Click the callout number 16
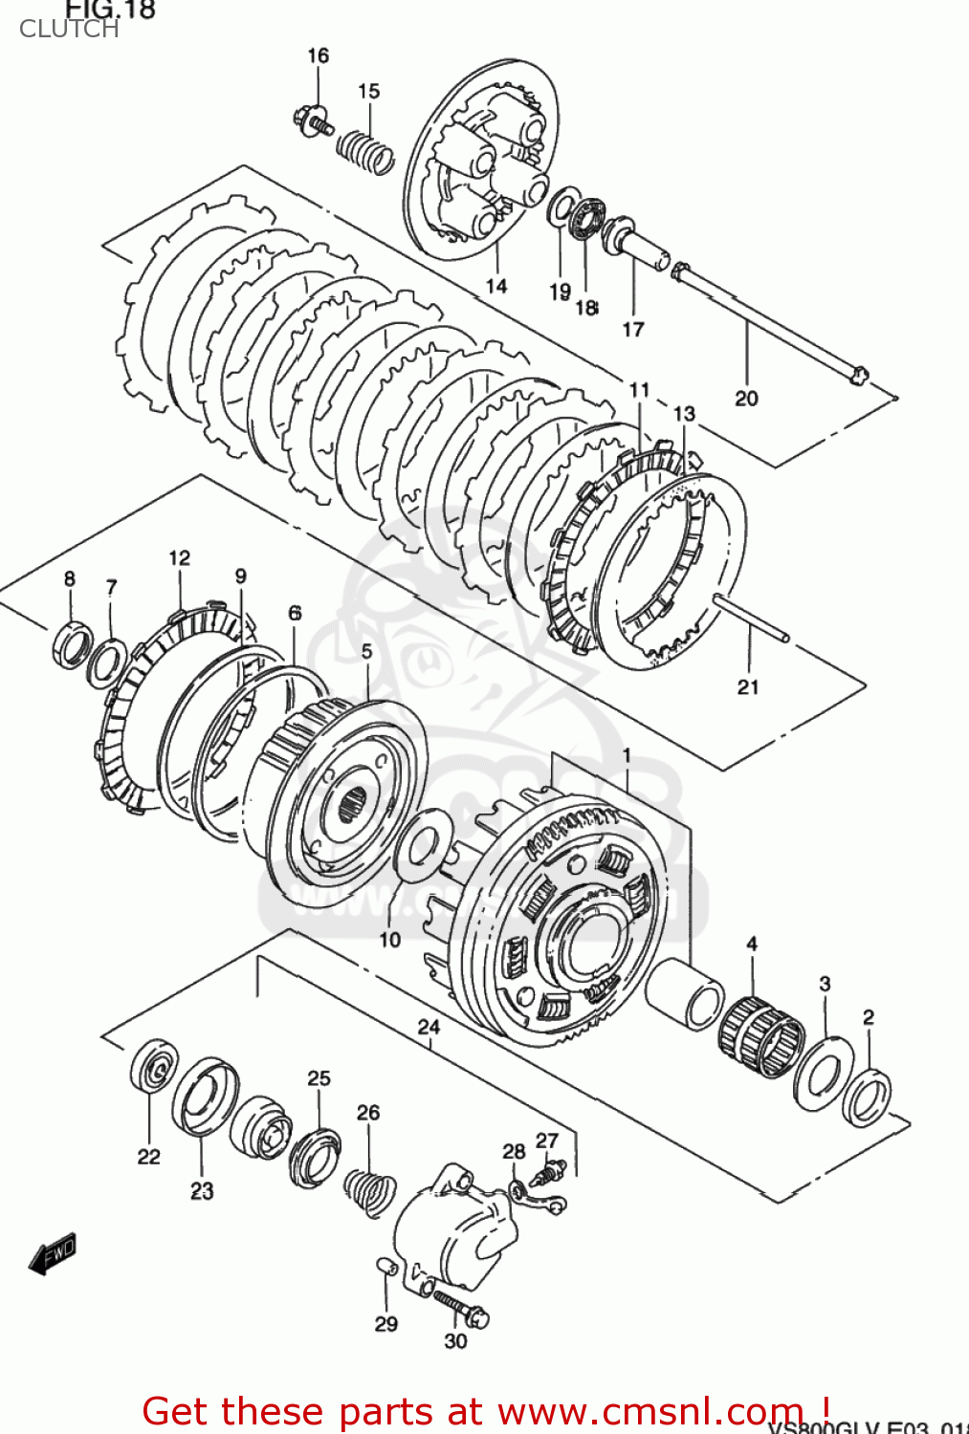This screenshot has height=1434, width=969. pyautogui.click(x=318, y=55)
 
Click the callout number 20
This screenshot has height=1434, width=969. pyautogui.click(x=746, y=398)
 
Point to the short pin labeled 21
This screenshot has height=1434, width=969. pyautogui.click(x=751, y=619)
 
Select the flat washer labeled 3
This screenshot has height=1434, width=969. pyautogui.click(x=819, y=1073)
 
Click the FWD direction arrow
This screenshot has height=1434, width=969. pyautogui.click(x=52, y=1254)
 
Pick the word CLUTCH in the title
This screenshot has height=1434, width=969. pyautogui.click(x=69, y=30)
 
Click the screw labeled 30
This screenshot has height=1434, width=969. pyautogui.click(x=461, y=1308)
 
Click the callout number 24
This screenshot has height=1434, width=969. pyautogui.click(x=429, y=1027)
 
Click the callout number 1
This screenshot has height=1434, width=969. pyautogui.click(x=627, y=755)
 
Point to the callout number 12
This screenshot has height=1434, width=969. pyautogui.click(x=180, y=557)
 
